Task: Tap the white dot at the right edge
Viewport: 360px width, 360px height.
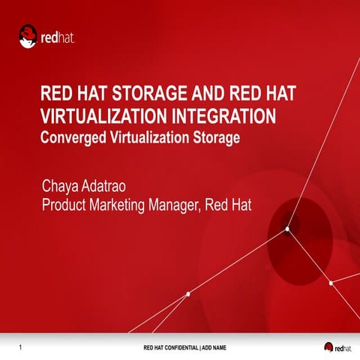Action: [330, 283]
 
